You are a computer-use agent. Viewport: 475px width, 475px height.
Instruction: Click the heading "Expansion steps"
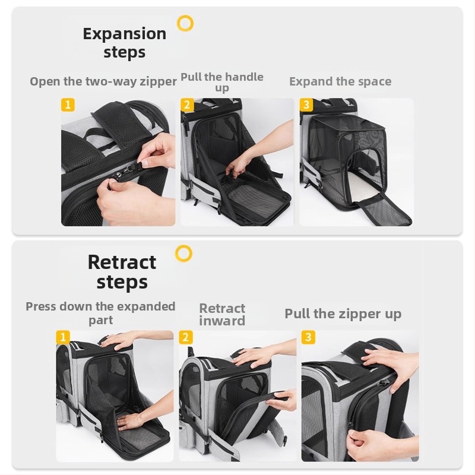tap(124, 42)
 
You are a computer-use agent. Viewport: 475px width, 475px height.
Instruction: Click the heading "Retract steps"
tap(122, 271)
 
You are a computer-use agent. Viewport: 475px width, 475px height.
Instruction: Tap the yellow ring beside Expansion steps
tap(185, 24)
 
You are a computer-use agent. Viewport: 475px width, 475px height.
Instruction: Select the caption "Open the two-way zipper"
tap(103, 81)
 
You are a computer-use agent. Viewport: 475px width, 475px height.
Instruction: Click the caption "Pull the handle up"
tap(222, 82)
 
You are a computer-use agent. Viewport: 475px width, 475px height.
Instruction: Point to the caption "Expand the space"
tap(340, 81)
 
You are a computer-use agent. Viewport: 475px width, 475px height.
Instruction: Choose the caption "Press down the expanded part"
tap(100, 312)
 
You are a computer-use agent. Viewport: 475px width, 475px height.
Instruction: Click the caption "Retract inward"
tap(222, 314)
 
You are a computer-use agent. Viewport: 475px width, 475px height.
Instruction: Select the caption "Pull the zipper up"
tap(343, 313)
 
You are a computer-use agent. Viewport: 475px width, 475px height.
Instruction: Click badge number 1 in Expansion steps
tap(68, 105)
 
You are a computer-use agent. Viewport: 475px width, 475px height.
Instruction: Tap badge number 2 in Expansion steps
tap(187, 105)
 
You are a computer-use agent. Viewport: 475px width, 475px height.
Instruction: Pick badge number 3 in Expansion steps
tap(306, 105)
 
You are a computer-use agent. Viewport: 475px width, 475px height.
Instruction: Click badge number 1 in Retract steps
tap(63, 337)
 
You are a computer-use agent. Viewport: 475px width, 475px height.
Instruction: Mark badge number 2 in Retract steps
tap(186, 337)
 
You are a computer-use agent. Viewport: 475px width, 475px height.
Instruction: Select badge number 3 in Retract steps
tap(308, 337)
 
